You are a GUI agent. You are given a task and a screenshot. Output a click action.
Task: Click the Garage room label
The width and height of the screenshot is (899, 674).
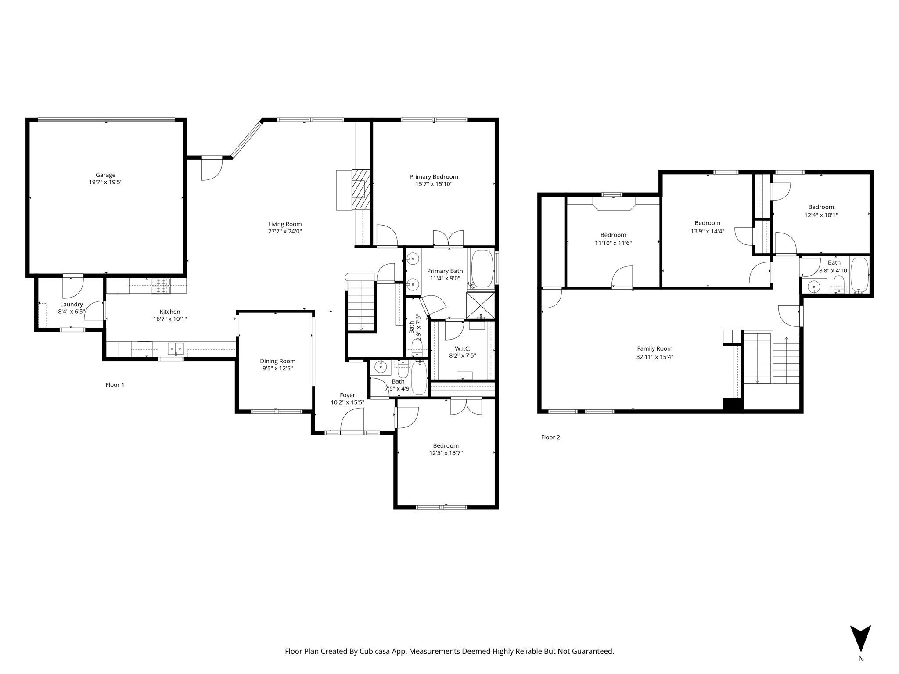105,175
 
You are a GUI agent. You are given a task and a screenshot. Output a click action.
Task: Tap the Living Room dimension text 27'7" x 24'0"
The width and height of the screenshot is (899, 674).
285,231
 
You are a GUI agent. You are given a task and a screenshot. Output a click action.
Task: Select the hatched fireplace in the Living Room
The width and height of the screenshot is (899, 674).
360,190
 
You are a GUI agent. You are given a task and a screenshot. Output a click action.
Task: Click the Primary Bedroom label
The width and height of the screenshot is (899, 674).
434,176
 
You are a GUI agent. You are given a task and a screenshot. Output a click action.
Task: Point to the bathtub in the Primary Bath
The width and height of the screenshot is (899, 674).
482,267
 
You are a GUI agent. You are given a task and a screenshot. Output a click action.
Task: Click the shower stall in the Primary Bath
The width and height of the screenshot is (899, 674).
480,304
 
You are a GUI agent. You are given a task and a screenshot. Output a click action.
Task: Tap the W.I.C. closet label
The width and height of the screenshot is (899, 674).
462,348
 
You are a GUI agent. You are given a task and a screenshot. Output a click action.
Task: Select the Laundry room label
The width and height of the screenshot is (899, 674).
72,304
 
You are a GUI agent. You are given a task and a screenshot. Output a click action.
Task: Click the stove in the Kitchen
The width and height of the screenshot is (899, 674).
161,286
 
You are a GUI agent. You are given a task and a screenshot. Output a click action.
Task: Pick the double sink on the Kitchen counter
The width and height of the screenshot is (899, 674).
176,348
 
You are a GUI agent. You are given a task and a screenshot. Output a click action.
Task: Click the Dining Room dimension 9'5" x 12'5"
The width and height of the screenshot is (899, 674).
277,369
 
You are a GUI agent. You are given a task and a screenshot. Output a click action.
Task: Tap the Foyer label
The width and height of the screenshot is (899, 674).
347,395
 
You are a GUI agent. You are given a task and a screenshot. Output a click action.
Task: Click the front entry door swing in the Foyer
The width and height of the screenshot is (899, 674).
352,420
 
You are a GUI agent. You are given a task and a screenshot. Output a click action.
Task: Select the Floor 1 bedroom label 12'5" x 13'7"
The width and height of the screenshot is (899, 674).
446,453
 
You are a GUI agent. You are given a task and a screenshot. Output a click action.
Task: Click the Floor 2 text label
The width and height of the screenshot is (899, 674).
550,437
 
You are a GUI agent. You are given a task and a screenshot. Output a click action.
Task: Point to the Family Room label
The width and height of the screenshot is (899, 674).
654,349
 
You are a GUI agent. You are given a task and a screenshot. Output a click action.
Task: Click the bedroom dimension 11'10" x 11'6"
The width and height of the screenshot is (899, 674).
613,243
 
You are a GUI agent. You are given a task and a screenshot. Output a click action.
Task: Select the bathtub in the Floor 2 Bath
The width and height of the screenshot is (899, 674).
859,275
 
